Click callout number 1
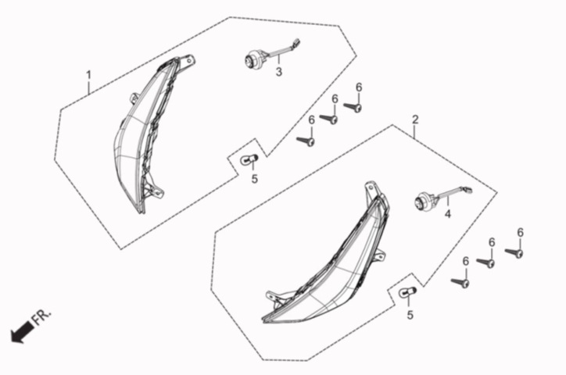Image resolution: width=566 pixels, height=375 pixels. [x=88, y=75]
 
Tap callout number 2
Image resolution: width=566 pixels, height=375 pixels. [x=415, y=120]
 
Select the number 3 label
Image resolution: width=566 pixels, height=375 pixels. [x=278, y=72]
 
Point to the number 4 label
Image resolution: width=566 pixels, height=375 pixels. [x=448, y=214]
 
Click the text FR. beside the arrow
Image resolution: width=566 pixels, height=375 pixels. [x=42, y=316]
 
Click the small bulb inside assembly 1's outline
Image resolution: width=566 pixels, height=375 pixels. [x=249, y=159]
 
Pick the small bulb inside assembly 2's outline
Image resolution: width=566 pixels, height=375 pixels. [x=408, y=293]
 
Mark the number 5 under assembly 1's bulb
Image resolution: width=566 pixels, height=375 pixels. [x=255, y=178]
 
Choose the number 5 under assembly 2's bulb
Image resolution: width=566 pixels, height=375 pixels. [x=410, y=315]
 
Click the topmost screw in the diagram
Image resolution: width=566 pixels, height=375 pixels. [x=353, y=107]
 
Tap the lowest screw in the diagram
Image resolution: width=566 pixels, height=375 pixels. [x=460, y=282]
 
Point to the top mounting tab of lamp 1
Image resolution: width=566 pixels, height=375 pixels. [x=188, y=61]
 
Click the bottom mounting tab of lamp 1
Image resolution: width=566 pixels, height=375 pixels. [x=156, y=191]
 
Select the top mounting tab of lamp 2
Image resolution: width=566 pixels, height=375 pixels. [x=371, y=188]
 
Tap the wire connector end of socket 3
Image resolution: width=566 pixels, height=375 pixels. [x=297, y=42]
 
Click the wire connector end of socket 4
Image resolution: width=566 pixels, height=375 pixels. [x=468, y=188]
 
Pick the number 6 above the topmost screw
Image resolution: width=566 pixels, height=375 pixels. [x=359, y=87]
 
